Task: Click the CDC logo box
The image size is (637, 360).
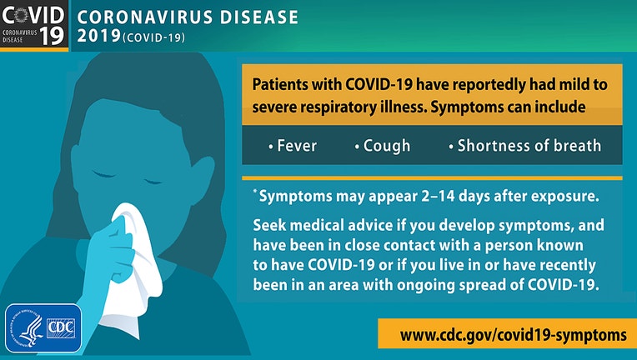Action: [x=61, y=328]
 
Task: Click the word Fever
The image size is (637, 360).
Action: [x=297, y=146]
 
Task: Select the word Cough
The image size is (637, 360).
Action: [x=387, y=146]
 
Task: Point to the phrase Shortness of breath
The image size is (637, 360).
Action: [x=529, y=146]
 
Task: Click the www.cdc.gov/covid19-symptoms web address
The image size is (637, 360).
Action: [x=513, y=335]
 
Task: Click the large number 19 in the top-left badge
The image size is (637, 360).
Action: [x=52, y=35]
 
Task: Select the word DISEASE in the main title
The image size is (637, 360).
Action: [x=259, y=17]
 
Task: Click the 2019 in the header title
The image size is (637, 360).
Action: [x=98, y=36]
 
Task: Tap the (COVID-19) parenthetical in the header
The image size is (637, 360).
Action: [x=153, y=37]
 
